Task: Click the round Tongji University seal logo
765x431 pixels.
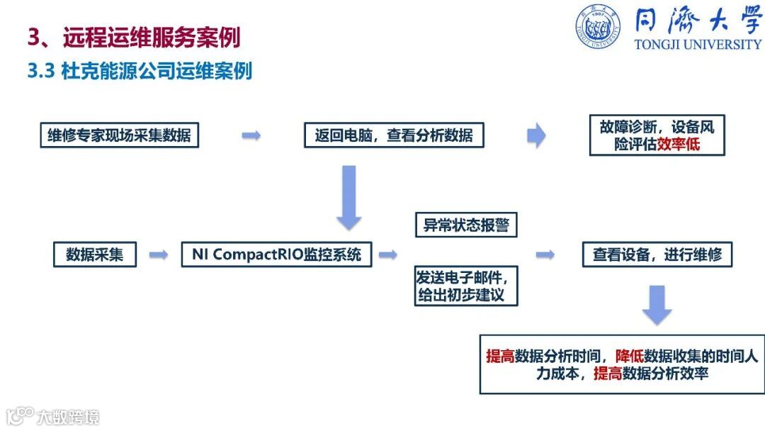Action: (598, 27)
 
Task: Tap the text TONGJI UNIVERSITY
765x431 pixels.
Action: (698, 44)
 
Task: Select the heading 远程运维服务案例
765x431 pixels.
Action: (152, 37)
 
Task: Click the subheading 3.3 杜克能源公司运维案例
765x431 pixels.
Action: (140, 71)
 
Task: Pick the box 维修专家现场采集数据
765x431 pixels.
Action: (119, 135)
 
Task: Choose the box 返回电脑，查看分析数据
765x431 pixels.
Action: (394, 135)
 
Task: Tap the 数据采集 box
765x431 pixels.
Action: (94, 254)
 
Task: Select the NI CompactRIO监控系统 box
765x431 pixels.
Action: (277, 254)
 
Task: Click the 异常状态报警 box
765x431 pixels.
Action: (466, 225)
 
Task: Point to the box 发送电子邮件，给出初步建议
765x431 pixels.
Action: (465, 285)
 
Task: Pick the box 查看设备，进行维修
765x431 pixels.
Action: (657, 254)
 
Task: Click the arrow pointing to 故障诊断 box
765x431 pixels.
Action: (536, 135)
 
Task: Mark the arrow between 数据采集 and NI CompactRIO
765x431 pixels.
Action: (158, 254)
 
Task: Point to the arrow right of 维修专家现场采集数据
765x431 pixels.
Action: (251, 135)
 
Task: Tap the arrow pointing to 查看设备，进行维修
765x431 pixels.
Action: (545, 254)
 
